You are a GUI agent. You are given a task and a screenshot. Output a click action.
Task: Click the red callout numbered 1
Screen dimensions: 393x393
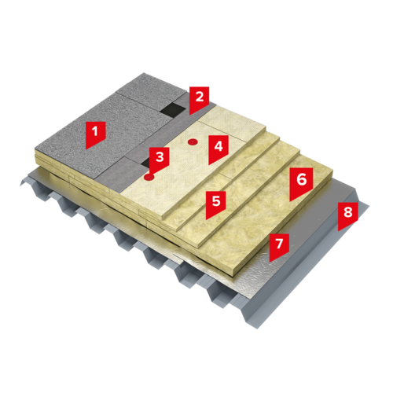coord(95,134)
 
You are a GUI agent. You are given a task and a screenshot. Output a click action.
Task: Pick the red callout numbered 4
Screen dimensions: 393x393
coord(219,148)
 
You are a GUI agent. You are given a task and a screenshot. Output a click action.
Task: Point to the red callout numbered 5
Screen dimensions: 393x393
coord(216,204)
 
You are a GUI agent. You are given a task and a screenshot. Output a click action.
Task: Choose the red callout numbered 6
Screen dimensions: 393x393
coord(301,182)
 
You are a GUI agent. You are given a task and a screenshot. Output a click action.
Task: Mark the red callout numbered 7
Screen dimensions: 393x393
coord(279,246)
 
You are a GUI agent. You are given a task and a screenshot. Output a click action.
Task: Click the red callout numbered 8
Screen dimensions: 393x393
coord(347,215)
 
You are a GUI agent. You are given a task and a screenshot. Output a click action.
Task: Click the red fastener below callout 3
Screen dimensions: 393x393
coord(149,178)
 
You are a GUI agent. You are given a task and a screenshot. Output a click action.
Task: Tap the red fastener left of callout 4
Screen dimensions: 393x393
coord(193,142)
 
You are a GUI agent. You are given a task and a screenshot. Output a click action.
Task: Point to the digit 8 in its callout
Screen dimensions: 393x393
coord(348,212)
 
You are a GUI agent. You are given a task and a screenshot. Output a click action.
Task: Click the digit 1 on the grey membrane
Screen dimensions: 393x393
coord(95,131)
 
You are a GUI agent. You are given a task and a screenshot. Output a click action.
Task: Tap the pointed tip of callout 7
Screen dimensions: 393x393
coord(270,262)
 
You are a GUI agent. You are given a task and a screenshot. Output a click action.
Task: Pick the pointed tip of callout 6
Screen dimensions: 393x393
coord(290,201)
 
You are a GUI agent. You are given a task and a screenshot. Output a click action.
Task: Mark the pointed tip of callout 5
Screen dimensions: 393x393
coord(206,219)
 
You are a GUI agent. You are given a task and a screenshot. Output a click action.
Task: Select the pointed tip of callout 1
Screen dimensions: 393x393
coord(86,149)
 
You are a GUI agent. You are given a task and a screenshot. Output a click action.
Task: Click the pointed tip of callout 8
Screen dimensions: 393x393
coord(338,231)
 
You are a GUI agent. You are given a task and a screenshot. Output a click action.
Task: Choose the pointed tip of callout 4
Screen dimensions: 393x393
coord(208,165)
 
